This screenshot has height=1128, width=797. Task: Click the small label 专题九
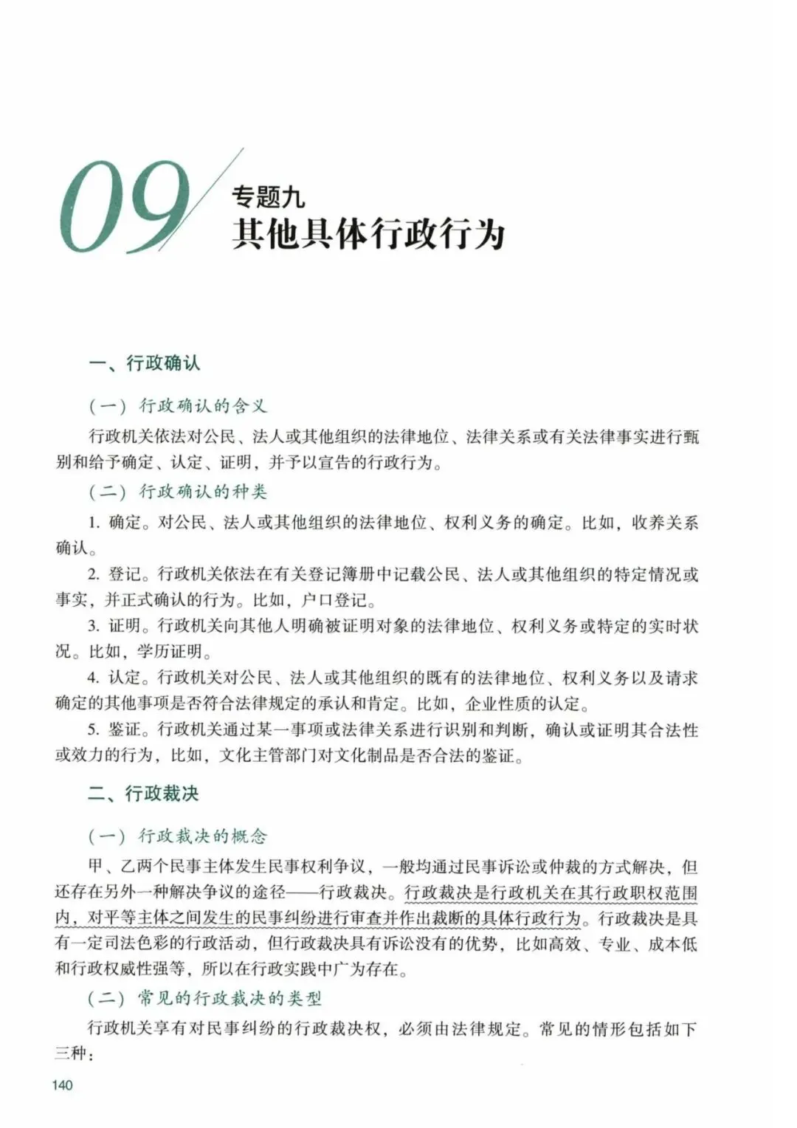(x=268, y=196)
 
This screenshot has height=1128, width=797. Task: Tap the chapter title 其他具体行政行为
(x=368, y=234)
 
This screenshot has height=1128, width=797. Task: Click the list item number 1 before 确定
(x=94, y=523)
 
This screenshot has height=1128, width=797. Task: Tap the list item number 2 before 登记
(x=94, y=574)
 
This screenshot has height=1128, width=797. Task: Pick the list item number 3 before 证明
(x=94, y=626)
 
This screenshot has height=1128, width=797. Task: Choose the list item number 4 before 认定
(x=94, y=678)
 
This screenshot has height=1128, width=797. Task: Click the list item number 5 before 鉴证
(x=94, y=730)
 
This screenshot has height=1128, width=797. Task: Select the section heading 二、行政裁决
(x=143, y=794)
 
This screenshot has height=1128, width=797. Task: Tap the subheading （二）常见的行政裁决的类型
(x=204, y=998)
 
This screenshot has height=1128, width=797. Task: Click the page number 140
(x=63, y=1085)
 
